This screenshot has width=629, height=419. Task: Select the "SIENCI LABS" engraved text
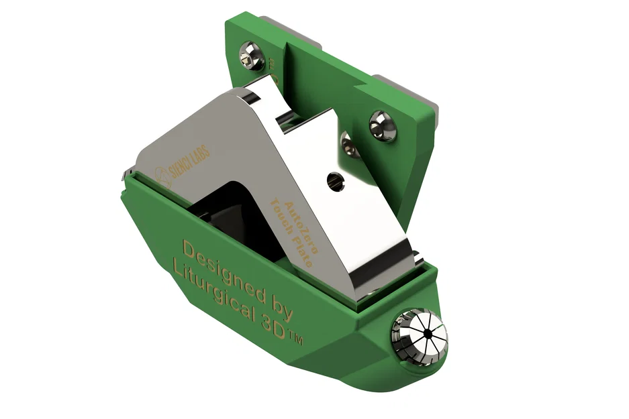pos(191,162)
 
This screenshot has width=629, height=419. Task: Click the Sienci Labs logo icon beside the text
pos(162,176)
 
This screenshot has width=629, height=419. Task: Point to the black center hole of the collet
pos(425,333)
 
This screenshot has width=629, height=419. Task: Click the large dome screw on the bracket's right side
pos(383,125)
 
